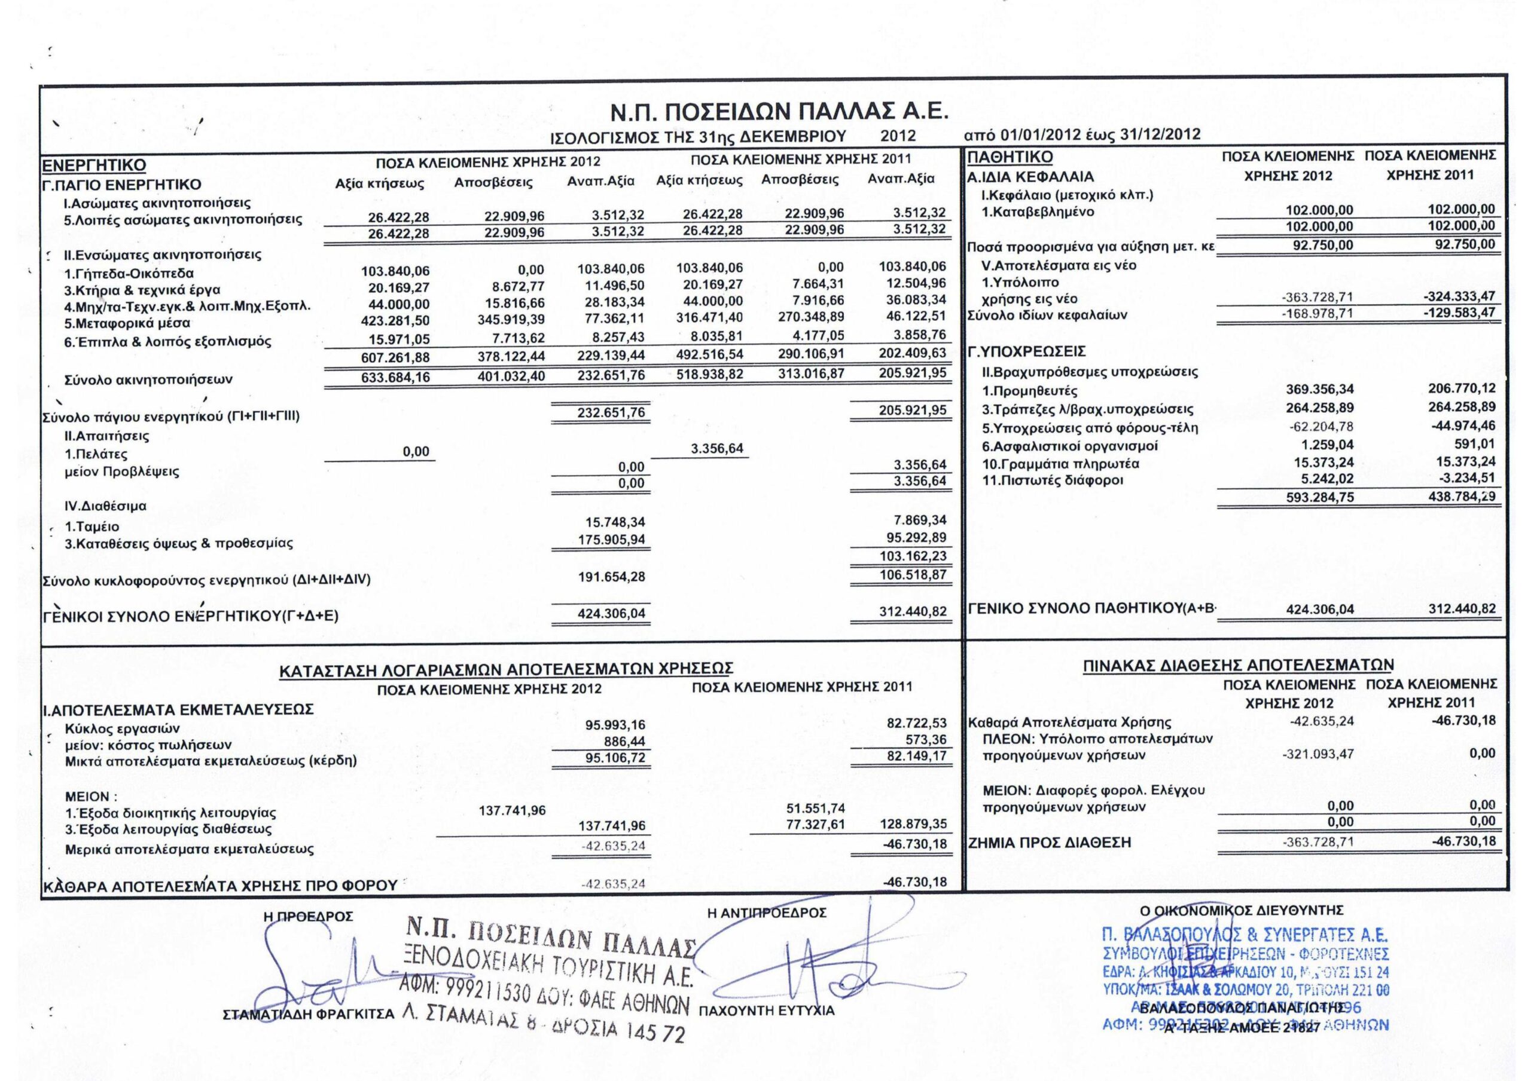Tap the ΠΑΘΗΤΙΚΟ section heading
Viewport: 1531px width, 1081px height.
(x=1010, y=157)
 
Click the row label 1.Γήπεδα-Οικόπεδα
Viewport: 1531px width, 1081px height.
(x=129, y=273)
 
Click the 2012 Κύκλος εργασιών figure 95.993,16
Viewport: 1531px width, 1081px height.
(x=614, y=725)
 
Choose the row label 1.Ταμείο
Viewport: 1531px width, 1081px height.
(x=93, y=526)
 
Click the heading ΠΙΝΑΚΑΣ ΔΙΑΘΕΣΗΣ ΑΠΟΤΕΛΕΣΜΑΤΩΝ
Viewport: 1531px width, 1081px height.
(x=1239, y=664)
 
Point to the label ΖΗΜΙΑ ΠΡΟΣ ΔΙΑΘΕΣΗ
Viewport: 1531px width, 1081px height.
(x=1050, y=843)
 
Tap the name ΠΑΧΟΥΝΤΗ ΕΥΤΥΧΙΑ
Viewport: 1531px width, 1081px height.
(x=767, y=1011)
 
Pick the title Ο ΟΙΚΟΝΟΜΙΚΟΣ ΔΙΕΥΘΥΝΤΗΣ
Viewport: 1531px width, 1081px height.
(x=1242, y=909)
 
